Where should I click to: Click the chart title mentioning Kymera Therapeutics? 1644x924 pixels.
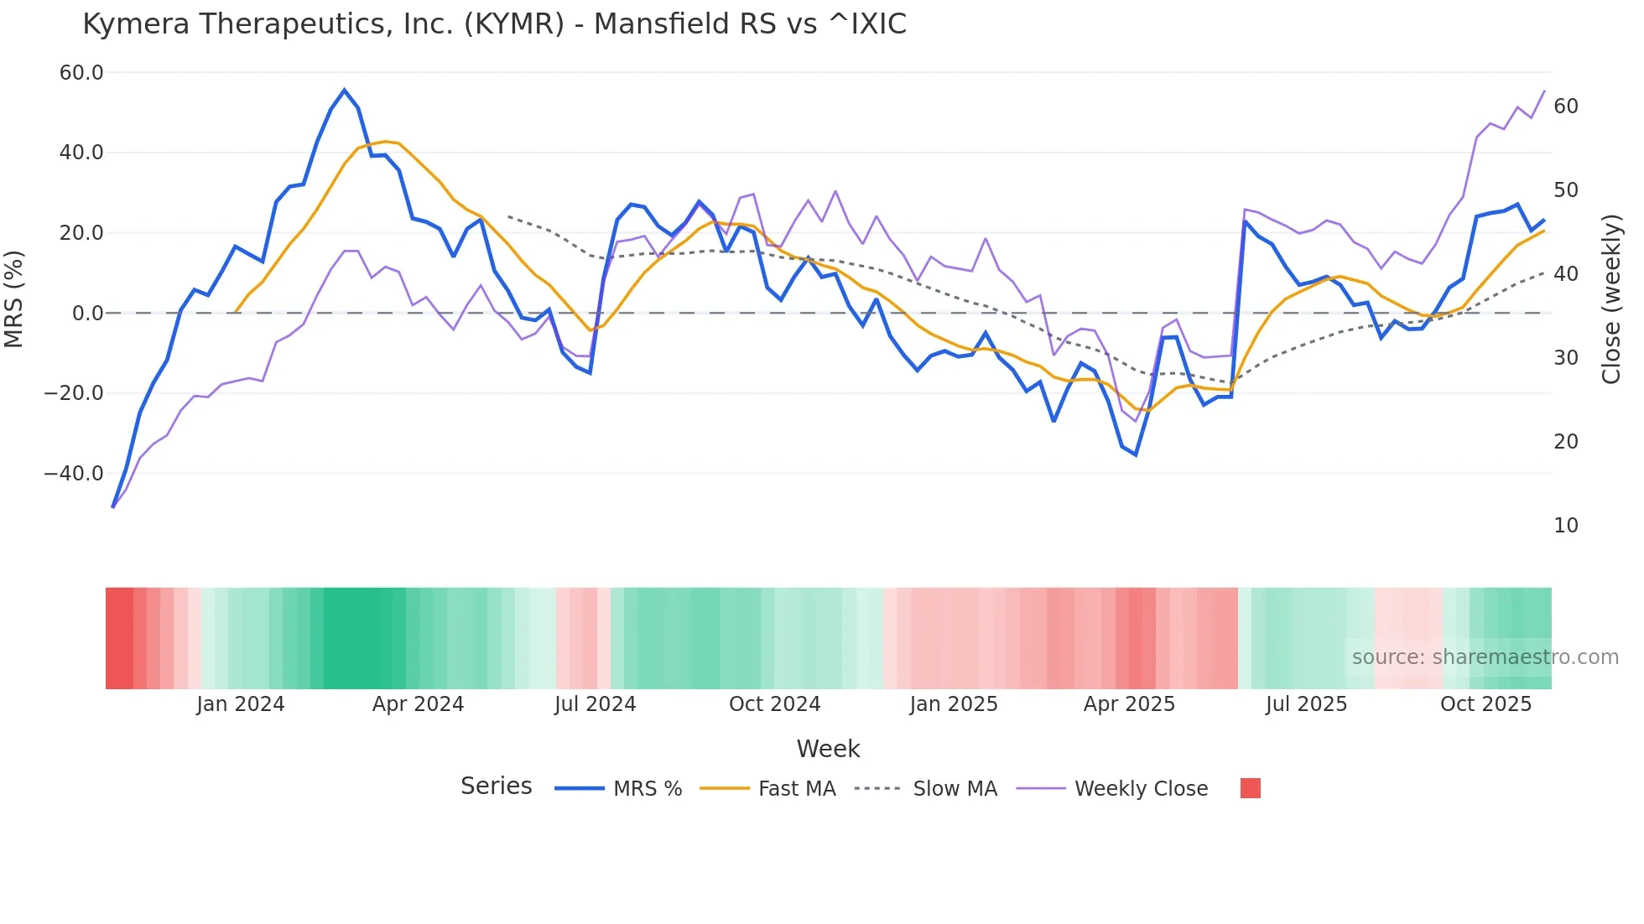coord(494,24)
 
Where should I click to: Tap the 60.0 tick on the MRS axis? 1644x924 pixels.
coord(81,73)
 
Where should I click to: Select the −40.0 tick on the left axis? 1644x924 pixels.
coord(74,474)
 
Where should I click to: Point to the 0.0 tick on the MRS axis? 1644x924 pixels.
coord(87,314)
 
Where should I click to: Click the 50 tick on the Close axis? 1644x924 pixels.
coord(1566,190)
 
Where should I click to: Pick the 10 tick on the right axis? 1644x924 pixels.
coord(1566,526)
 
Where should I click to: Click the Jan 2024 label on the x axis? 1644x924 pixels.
coord(241,704)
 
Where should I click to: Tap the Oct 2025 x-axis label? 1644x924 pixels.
coord(1485,704)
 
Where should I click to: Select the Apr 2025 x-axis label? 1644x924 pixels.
coord(1129,704)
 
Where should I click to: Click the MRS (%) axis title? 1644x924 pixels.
coord(14,298)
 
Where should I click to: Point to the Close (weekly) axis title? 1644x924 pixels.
coord(1610,299)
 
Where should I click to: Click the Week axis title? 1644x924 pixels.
coord(828,749)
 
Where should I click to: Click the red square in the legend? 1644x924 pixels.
coord(1250,788)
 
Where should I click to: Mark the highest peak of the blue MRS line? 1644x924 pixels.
coord(344,90)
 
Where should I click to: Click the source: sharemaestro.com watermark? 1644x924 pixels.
coord(1485,657)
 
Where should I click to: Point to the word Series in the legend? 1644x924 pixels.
coord(496,786)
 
